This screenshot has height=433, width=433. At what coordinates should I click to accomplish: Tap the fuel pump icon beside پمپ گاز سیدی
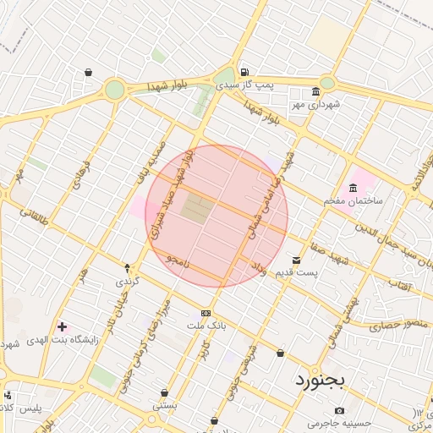244,73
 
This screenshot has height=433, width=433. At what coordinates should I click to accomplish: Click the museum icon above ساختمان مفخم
353,188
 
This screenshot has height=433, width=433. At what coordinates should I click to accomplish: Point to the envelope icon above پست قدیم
296,260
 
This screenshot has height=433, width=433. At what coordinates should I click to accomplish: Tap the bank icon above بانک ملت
206,313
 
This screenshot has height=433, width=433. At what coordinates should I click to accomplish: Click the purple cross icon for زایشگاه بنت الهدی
62,326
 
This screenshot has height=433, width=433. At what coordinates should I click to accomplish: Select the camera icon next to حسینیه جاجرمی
340,411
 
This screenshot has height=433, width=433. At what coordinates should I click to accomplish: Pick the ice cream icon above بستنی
164,393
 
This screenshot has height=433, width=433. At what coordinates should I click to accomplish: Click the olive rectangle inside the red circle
195,210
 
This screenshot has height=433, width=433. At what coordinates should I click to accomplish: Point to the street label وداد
258,268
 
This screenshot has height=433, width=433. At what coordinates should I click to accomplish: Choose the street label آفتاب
399,286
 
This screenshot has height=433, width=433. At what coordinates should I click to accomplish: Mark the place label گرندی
126,280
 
